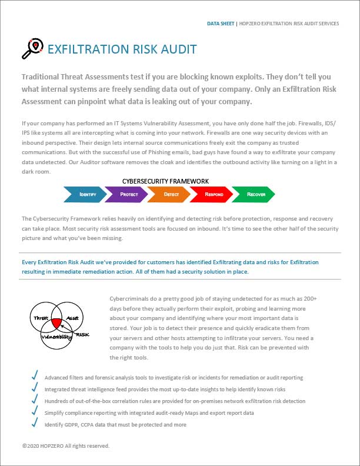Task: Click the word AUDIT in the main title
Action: tap(176, 49)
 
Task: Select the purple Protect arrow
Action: tap(125, 193)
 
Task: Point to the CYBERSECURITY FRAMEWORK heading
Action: tap(165, 181)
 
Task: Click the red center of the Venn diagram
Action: tap(56, 322)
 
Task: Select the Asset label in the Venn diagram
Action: tap(71, 317)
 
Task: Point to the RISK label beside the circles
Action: tap(83, 335)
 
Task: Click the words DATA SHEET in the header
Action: tap(220, 24)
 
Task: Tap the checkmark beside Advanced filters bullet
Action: tap(35, 377)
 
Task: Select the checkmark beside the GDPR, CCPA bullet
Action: tap(35, 424)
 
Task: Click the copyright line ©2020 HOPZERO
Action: tap(65, 446)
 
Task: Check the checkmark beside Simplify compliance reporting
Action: tap(35, 412)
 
